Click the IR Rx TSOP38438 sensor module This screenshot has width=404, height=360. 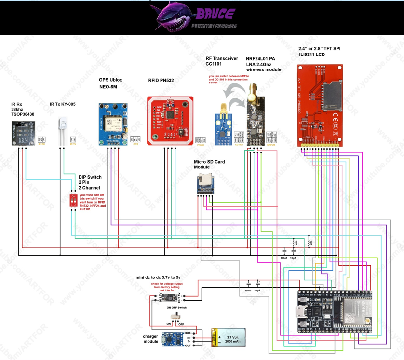click(23, 133)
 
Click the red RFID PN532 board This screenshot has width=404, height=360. click(170, 121)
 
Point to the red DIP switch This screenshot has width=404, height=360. click(73, 200)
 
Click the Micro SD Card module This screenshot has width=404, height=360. click(205, 184)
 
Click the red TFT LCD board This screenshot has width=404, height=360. click(320, 106)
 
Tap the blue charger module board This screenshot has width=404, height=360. click(172, 339)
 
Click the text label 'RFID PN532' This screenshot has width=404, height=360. click(161, 81)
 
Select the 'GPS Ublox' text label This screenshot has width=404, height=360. click(110, 80)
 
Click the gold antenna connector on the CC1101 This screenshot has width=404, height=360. click(223, 108)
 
